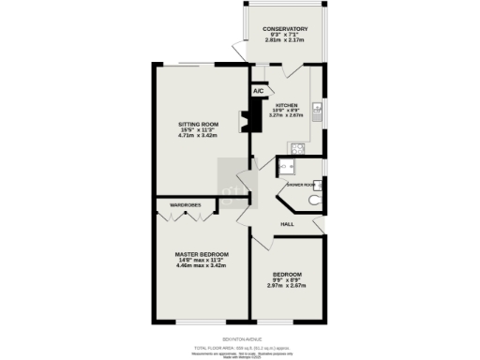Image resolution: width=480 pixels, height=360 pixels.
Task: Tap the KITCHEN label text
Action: [286, 105]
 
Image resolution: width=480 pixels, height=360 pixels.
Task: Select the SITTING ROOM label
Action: [198, 124]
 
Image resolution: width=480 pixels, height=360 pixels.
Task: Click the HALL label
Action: [290, 223]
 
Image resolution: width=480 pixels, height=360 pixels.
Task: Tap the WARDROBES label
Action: [187, 203]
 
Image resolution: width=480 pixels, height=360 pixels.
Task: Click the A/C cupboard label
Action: [258, 92]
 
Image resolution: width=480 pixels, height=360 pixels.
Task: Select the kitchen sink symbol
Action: [317, 110]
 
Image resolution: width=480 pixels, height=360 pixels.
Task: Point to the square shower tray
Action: [288, 167]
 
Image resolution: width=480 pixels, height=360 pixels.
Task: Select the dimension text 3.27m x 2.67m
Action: [286, 116]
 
